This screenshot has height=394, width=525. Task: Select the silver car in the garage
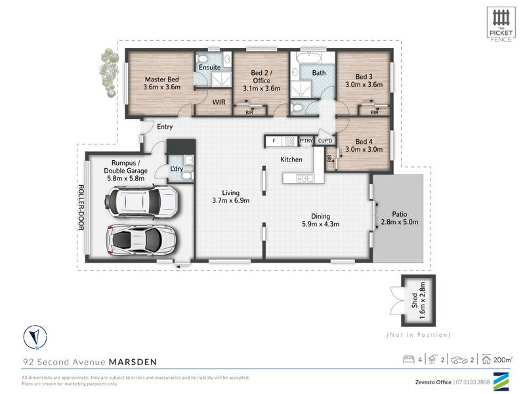pyautogui.click(x=140, y=240)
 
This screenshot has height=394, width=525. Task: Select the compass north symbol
pyautogui.click(x=32, y=336)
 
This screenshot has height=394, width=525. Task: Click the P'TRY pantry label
pyautogui.click(x=306, y=141)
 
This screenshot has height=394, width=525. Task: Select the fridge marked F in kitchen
pyautogui.click(x=274, y=141)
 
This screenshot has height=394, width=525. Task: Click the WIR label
pyautogui.click(x=219, y=102)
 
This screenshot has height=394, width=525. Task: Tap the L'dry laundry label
pyautogui.click(x=177, y=169)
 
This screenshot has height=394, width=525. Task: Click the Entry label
pyautogui.click(x=165, y=127)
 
